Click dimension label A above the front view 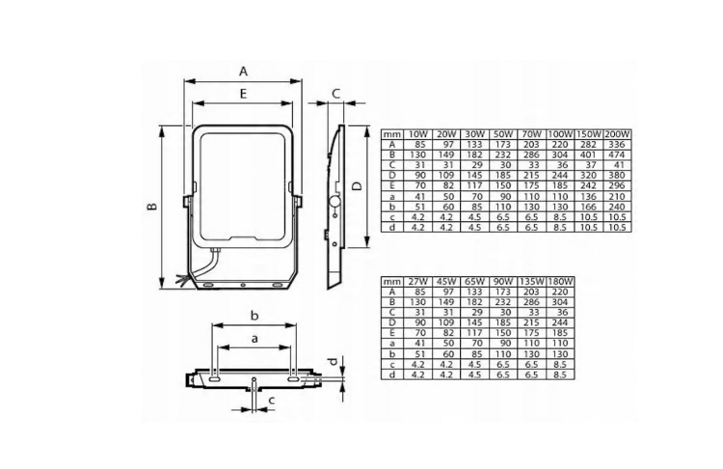(x=244, y=70)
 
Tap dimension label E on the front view (x=244, y=94)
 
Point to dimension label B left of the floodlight (x=152, y=207)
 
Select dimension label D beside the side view (x=357, y=185)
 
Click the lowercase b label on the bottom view (x=254, y=315)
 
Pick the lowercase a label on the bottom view (x=254, y=339)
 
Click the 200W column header (x=616, y=133)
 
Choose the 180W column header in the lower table (x=560, y=281)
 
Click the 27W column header (x=418, y=281)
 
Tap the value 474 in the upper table (x=616, y=154)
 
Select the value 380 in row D (x=616, y=175)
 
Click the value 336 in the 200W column (x=616, y=144)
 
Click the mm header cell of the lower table (x=392, y=281)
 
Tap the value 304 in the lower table (x=560, y=301)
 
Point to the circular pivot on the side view (x=334, y=203)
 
